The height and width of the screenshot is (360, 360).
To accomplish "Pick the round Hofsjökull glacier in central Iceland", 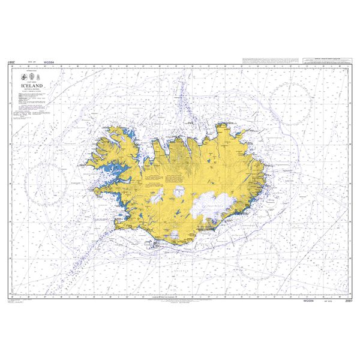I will (x=179, y=192).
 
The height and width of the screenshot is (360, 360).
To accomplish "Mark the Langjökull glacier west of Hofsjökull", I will (x=157, y=196).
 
